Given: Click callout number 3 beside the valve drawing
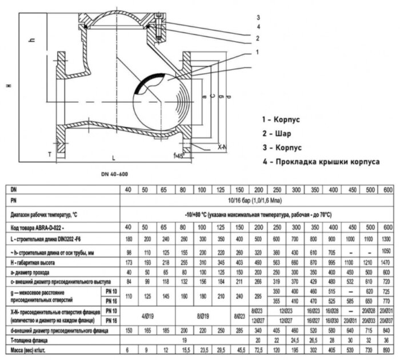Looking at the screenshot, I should pos(258,17).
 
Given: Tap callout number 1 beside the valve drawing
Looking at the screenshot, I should pos(258,52).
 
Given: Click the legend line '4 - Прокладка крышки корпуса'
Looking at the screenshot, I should pos(321,162).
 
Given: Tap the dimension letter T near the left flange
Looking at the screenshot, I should pos(50,154).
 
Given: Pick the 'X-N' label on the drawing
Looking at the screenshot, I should pos(222,147).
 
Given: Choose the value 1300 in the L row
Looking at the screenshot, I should pos(387,239).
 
